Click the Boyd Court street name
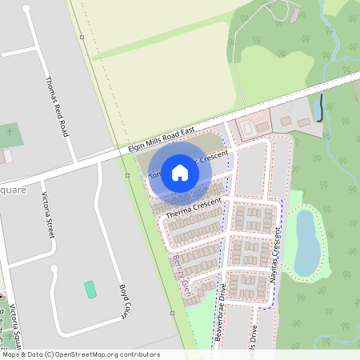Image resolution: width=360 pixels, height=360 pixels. (124, 302)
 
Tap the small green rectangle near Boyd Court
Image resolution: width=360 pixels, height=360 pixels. (90, 289)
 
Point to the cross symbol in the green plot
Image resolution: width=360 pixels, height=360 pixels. (10, 131)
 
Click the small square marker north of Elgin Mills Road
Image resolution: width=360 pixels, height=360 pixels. (82, 37)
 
